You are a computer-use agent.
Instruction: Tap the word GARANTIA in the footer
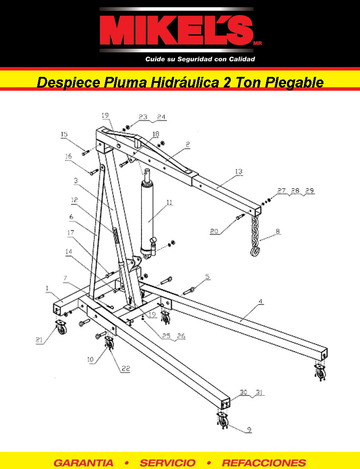(x=83, y=463)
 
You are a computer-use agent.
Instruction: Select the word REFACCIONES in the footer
(x=264, y=463)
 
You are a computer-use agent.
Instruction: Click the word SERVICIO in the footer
(x=167, y=463)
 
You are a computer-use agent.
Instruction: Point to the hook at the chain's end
(x=255, y=251)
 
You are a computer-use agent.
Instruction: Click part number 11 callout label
(x=170, y=203)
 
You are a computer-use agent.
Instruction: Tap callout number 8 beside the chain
(x=278, y=231)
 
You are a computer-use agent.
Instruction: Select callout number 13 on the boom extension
(x=238, y=172)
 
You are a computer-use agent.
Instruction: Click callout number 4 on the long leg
(x=261, y=302)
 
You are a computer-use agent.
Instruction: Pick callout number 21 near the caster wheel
(x=39, y=340)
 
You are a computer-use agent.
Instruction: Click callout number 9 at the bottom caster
(x=249, y=430)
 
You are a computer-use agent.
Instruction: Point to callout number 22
(x=126, y=368)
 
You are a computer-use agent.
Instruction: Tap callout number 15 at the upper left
(x=64, y=134)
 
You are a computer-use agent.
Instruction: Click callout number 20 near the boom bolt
(x=214, y=231)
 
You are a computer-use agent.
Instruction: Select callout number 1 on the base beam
(x=47, y=288)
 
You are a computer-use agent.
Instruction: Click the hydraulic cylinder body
(x=147, y=218)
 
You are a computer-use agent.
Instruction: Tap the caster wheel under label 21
(x=61, y=327)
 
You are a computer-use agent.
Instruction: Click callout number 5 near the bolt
(x=207, y=277)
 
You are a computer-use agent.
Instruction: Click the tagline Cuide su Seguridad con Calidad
(x=200, y=59)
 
